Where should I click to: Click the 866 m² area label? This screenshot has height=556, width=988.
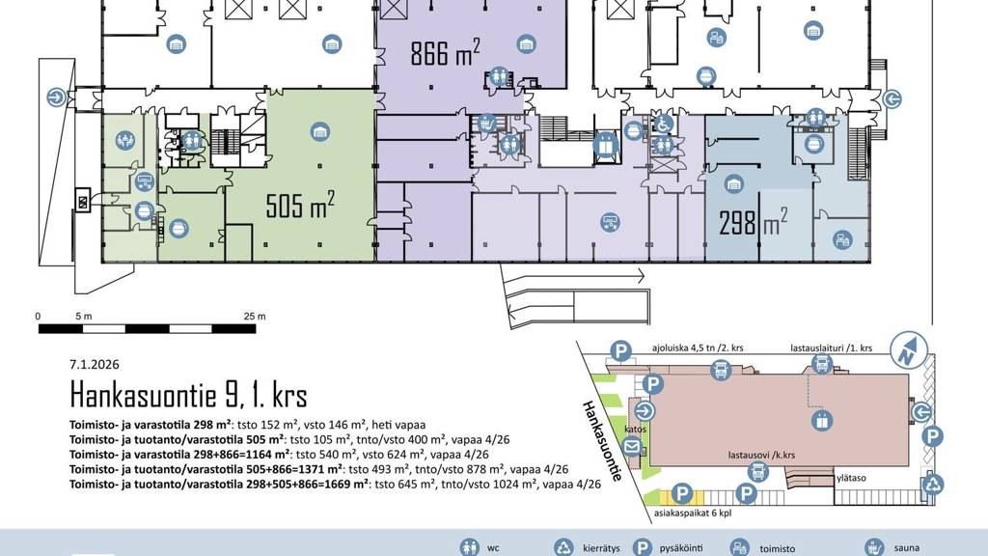tap(445, 52)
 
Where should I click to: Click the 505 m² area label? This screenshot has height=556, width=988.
tap(300, 205)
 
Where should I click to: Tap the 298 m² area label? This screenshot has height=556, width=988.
tap(753, 222)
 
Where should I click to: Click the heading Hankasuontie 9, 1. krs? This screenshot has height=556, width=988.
tap(188, 395)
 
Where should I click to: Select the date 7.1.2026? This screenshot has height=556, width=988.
tap(95, 364)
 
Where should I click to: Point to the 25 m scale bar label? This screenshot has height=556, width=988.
tap(255, 317)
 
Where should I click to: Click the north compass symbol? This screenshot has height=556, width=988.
tap(909, 349)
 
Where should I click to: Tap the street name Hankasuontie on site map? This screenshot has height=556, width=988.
tap(602, 440)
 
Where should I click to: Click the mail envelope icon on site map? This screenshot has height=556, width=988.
tap(632, 447)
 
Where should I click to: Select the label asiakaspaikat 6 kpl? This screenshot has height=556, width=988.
tap(693, 514)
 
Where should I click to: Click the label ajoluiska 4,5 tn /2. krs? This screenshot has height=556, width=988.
tap(698, 347)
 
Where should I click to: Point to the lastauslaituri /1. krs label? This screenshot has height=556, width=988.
tap(831, 347)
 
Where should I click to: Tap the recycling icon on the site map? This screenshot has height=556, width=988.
tap(933, 485)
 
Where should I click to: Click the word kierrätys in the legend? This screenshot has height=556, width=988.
tap(601, 548)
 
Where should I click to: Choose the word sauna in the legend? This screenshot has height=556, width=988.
tap(907, 548)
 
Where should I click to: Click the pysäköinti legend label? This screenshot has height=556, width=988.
tap(681, 548)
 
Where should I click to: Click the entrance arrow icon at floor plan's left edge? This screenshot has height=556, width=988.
tap(57, 97)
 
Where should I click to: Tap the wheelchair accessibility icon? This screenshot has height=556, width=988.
tap(663, 125)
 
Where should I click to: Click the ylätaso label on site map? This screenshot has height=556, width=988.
tap(851, 478)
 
